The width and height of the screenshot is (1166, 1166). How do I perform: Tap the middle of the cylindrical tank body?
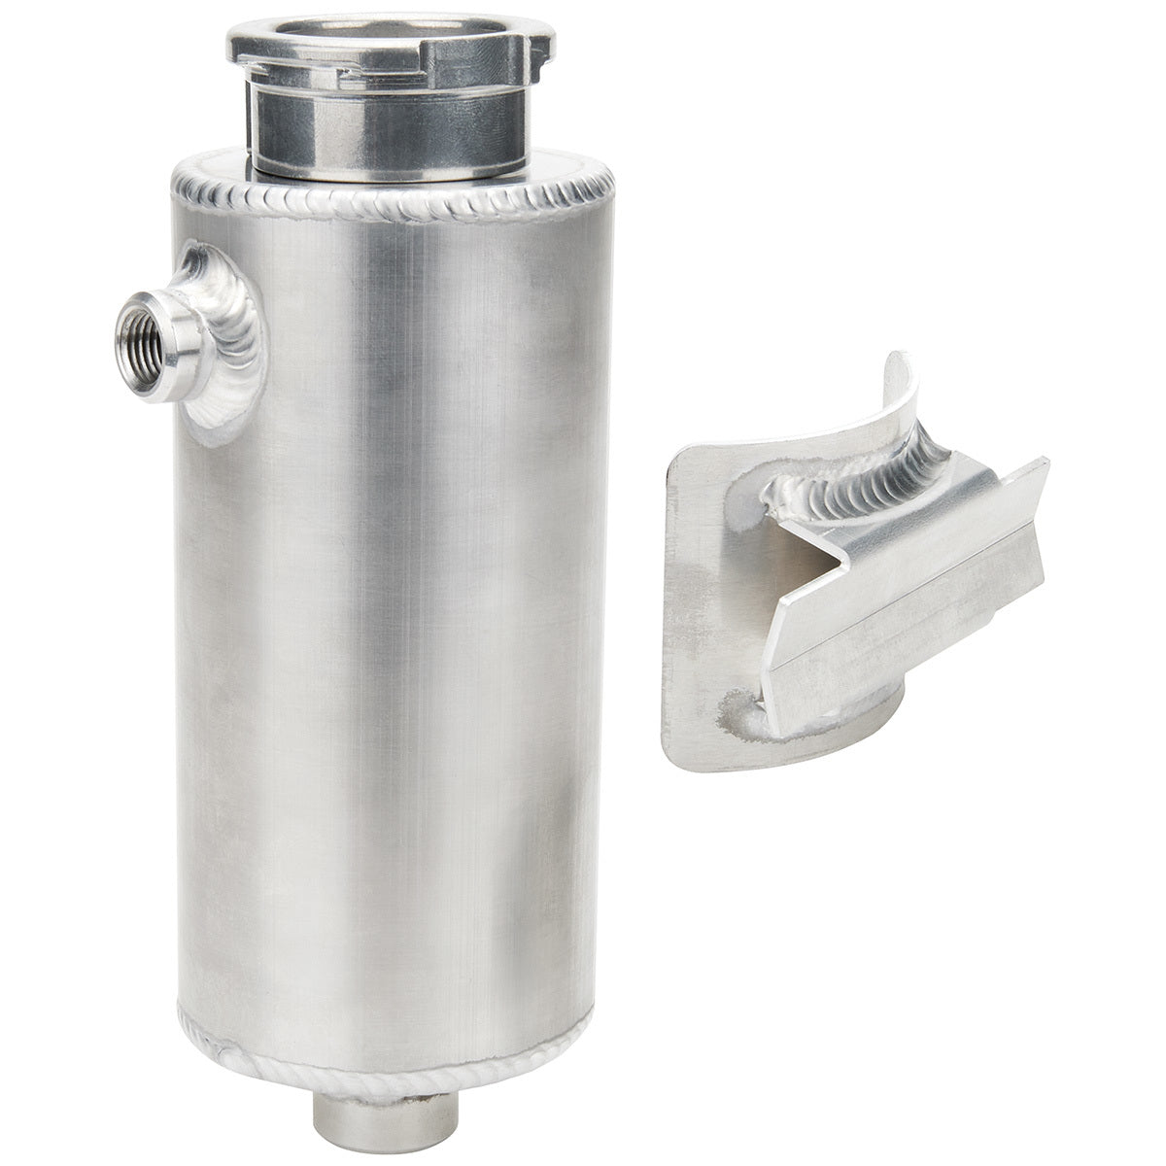(389, 622)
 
